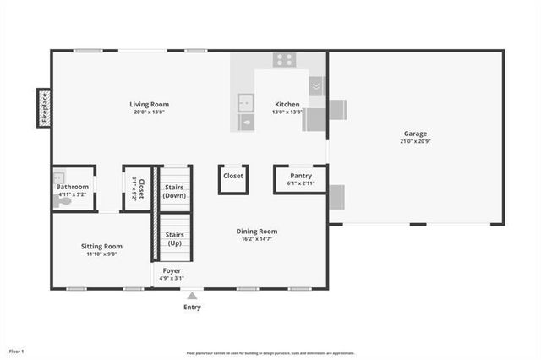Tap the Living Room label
149,104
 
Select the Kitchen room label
287,104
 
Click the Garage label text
415,133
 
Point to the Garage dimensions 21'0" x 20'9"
415,141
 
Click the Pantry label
300,176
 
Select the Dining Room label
256,231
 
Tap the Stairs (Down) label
174,191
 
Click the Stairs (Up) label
174,238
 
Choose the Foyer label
172,270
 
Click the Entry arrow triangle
192,296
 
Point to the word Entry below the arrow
192,307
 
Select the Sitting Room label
101,246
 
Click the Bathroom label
73,186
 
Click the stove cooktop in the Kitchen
284,59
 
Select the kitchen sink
246,102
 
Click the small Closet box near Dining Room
233,176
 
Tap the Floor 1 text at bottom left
17,350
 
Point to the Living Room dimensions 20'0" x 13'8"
149,112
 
